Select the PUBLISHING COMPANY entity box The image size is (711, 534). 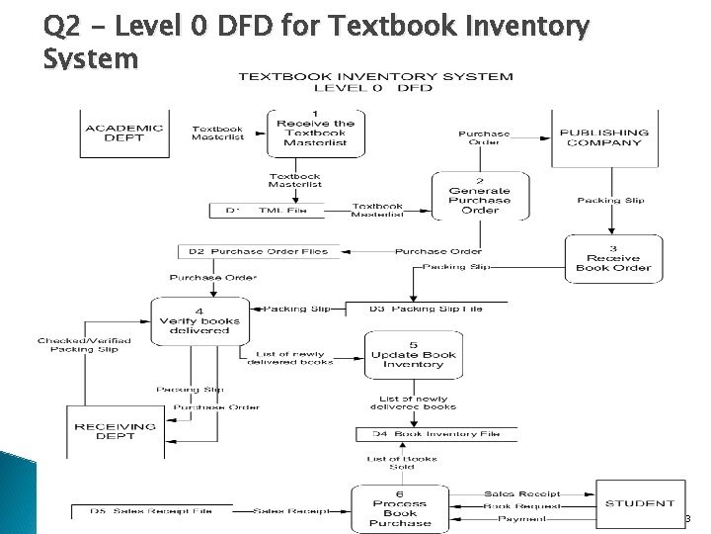pyautogui.click(x=603, y=136)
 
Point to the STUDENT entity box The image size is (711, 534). pyautogui.click(x=640, y=504)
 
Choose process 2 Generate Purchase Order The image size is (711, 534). pyautogui.click(x=479, y=196)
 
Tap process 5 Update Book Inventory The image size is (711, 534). pyautogui.click(x=413, y=352)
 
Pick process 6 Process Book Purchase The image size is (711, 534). pyautogui.click(x=399, y=507)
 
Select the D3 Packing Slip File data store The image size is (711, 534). pyautogui.click(x=426, y=310)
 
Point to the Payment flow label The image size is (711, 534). pyautogui.click(x=521, y=519)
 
